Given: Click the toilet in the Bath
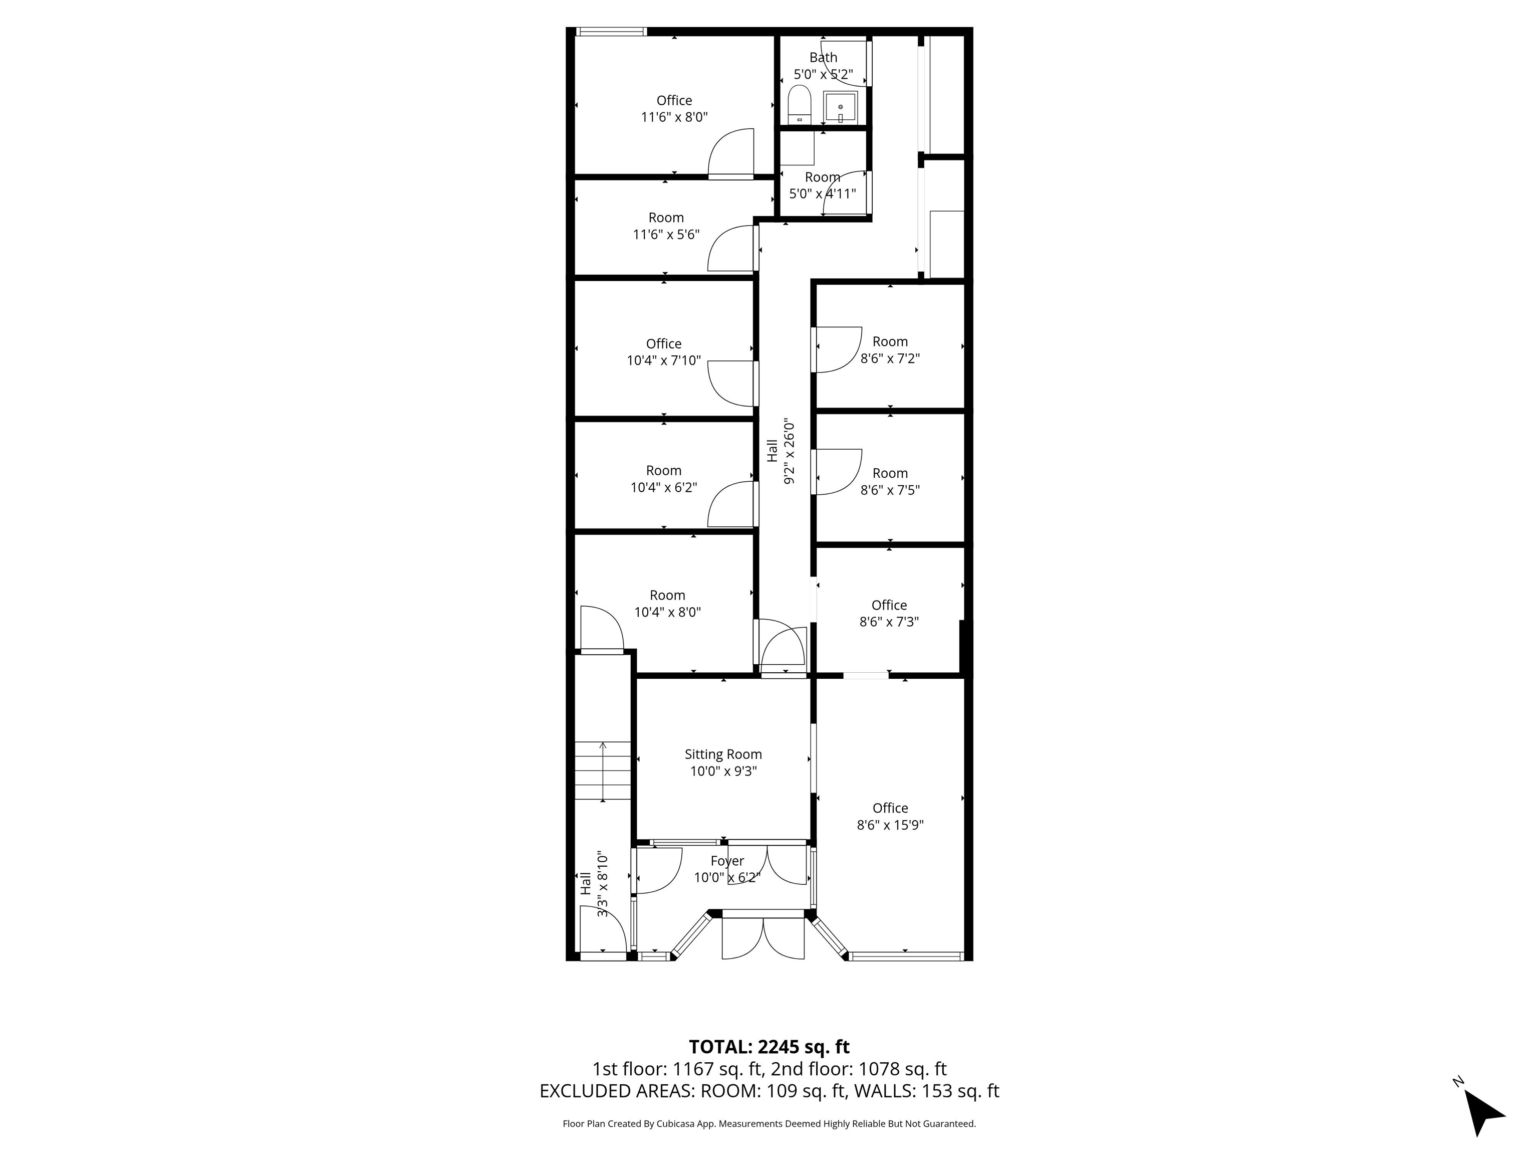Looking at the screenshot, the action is click(x=800, y=104).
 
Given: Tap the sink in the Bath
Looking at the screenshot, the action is click(x=841, y=106).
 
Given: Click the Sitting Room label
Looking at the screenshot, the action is click(x=723, y=754).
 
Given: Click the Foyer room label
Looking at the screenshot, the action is click(x=727, y=861).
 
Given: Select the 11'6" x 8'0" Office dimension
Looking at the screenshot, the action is click(x=674, y=117).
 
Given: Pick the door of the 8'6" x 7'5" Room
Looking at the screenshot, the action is click(x=838, y=472).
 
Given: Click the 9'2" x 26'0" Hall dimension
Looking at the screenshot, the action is click(x=789, y=451).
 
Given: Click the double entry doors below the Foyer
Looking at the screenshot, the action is click(x=763, y=938).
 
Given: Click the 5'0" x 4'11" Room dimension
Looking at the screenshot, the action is click(x=823, y=194).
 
